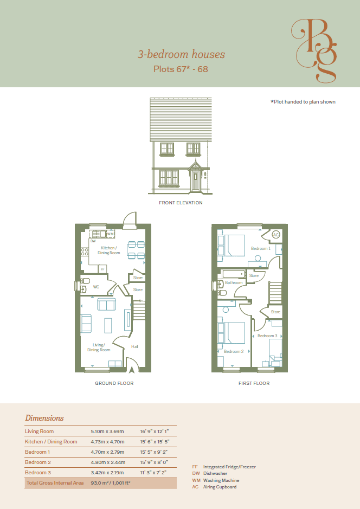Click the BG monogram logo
(314, 50)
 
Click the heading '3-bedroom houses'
(181, 54)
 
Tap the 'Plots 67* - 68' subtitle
(181, 69)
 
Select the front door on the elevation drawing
(195, 181)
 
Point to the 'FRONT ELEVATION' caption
(181, 203)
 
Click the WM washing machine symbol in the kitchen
(111, 234)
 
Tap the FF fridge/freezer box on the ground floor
(102, 269)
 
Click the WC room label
(96, 287)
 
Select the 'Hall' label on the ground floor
(134, 346)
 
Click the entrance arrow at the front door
(132, 369)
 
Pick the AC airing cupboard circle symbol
(275, 235)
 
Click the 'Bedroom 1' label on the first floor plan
(261, 248)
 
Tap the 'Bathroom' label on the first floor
(234, 282)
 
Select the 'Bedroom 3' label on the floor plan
(267, 336)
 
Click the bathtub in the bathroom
(233, 274)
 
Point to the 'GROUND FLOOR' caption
(114, 383)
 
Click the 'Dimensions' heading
(44, 418)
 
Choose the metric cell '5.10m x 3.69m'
(107, 431)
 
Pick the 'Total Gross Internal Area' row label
(55, 482)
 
